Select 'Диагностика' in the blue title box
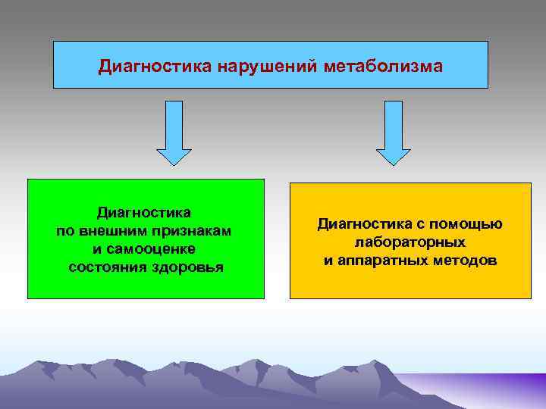155,67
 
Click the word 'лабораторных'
409,242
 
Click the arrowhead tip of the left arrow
174,164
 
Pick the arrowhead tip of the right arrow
393,164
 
